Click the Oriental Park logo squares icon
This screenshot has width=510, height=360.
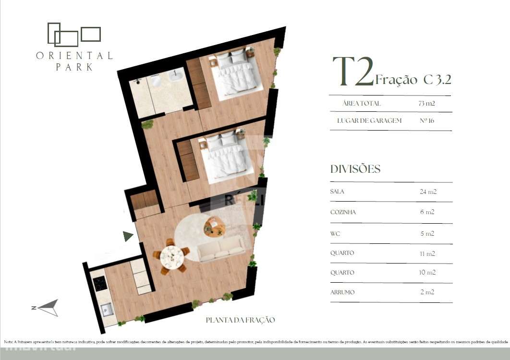74,35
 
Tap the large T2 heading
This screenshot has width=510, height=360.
353,72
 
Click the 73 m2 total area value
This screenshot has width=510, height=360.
427,103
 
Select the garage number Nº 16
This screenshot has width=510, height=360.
427,120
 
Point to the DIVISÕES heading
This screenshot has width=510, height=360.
355,169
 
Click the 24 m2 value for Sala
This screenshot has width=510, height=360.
428,192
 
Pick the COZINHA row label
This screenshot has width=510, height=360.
343,212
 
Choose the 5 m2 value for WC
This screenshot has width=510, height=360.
427,234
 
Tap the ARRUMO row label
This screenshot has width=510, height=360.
342,292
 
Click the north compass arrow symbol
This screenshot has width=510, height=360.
48,308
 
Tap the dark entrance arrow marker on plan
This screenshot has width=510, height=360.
128,236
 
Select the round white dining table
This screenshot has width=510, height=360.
171,257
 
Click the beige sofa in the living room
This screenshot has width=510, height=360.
221,250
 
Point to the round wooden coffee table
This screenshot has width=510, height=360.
214,226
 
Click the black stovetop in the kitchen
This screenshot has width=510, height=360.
100,284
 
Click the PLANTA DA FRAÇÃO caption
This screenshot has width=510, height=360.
240,320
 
